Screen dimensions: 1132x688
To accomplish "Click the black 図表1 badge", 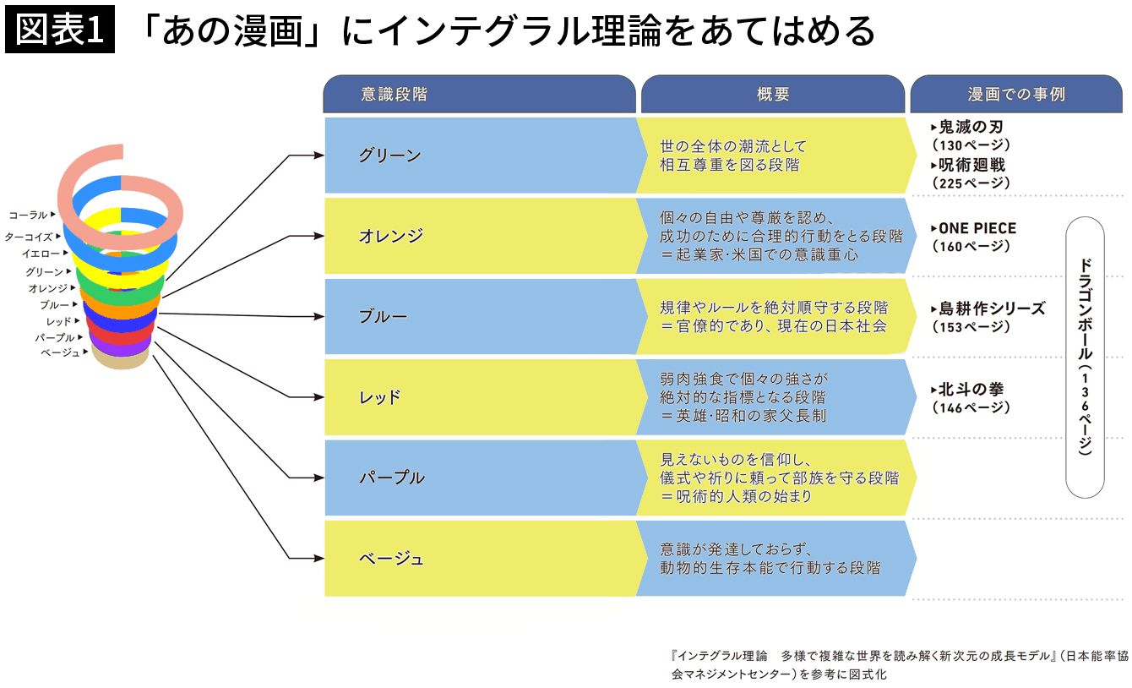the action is [x=60, y=30].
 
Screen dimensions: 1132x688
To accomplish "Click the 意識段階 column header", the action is [x=395, y=94].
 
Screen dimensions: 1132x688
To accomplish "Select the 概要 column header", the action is [x=773, y=94].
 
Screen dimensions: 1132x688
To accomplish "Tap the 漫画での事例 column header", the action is [x=1016, y=94].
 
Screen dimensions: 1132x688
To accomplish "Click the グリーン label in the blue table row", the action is [x=389, y=156].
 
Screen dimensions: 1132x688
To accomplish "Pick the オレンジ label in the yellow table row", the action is [x=390, y=236].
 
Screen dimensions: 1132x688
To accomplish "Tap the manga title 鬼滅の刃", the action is [x=971, y=127].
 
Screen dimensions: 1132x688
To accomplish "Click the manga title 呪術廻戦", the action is [x=971, y=165].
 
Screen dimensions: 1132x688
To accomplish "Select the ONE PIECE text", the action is [x=977, y=228].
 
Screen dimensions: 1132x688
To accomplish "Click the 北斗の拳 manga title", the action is [x=971, y=390].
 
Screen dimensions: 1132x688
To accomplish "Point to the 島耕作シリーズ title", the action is [x=992, y=309].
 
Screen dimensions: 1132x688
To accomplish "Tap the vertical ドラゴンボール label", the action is [x=1085, y=357].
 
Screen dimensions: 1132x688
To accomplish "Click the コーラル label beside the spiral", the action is [x=28, y=215].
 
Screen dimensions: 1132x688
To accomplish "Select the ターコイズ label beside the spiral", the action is [x=29, y=237].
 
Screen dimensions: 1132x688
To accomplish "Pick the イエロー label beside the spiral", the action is [x=41, y=254].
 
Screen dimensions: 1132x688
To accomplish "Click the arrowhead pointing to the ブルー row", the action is [x=318, y=316].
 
